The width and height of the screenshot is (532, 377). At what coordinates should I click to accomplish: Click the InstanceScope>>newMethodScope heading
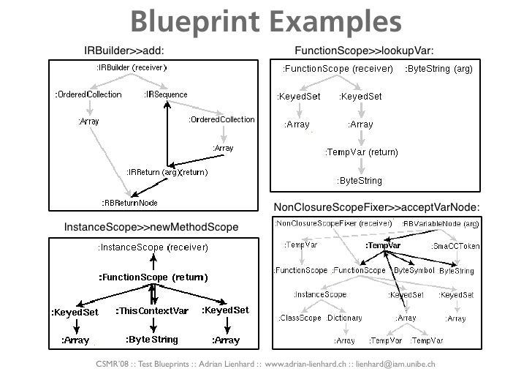click(x=151, y=228)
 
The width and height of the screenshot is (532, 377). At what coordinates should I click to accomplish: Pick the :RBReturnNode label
click(x=129, y=201)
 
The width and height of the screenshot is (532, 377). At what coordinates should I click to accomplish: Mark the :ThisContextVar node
click(x=153, y=310)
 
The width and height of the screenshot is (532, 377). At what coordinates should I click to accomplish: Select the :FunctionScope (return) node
click(x=153, y=277)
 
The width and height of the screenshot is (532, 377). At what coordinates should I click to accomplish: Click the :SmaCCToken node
click(x=455, y=246)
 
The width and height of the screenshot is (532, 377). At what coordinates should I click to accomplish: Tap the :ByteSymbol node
click(x=412, y=270)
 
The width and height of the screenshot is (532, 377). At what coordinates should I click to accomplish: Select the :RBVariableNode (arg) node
click(x=441, y=223)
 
